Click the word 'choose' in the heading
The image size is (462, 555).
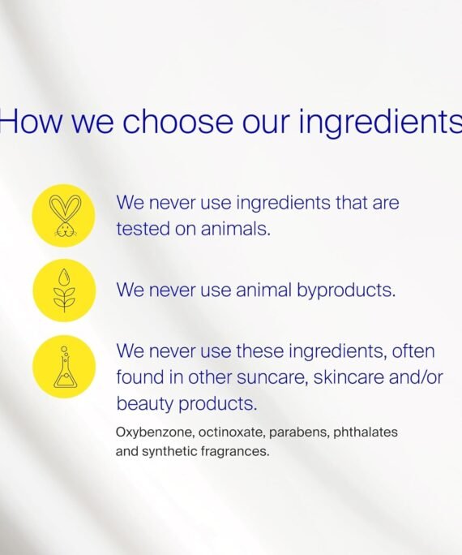coord(178,121)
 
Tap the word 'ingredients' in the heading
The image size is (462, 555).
coord(380,122)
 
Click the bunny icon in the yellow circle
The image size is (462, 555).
coord(65,215)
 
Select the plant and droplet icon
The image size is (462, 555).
coord(64,290)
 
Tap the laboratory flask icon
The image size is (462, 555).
coord(65,367)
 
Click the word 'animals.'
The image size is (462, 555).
coord(235,229)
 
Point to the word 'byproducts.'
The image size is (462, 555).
coord(346,291)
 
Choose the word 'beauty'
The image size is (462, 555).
coord(144,404)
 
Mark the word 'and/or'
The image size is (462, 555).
coord(416,377)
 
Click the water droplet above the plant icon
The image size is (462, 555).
coord(64,277)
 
